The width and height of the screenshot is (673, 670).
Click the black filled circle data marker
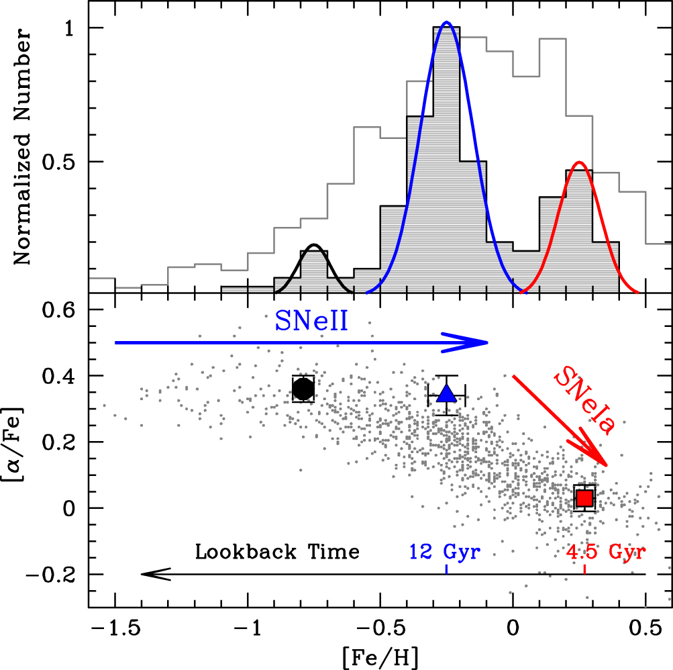pos(303,388)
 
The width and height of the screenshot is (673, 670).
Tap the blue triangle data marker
pos(447,394)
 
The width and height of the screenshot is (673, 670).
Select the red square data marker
pos(584,498)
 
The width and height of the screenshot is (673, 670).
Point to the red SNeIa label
pos(584,402)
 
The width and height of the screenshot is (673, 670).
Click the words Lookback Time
pos(277,552)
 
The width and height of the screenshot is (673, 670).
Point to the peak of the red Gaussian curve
pos(579,162)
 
